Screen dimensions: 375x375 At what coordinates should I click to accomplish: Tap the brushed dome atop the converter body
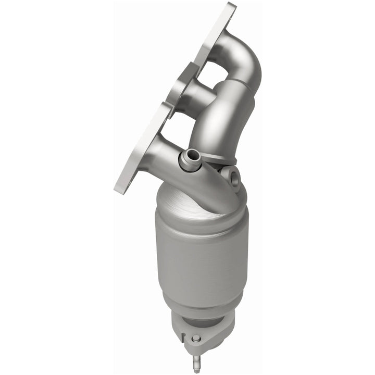[x=187, y=198]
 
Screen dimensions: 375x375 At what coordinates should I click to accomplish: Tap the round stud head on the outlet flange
[x=196, y=339]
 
